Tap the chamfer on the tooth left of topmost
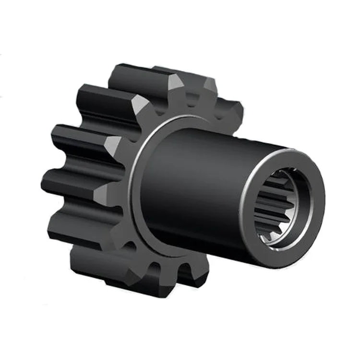(140, 103)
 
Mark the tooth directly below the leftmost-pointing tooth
(77, 226)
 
